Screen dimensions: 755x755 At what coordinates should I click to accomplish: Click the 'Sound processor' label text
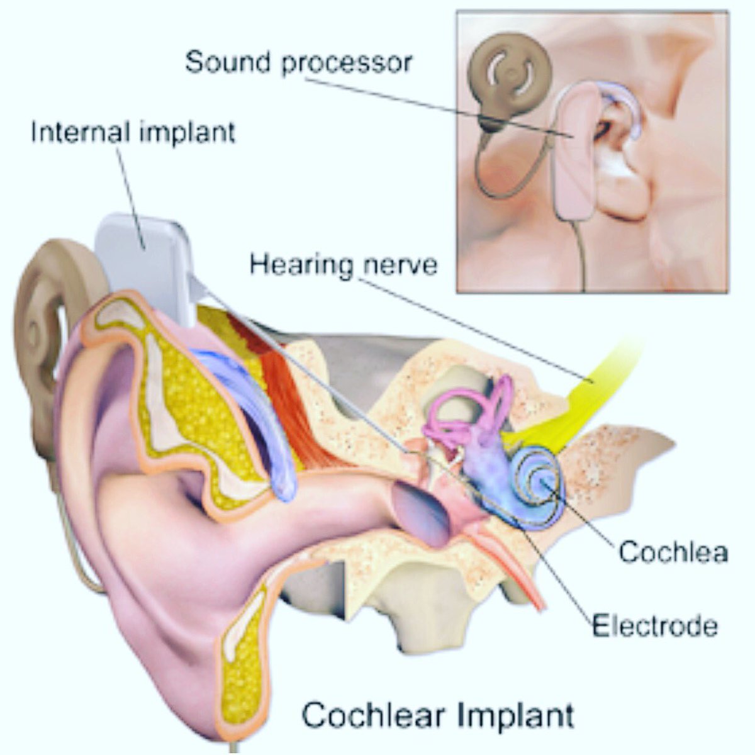tap(298, 62)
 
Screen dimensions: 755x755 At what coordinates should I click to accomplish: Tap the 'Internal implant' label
tap(133, 133)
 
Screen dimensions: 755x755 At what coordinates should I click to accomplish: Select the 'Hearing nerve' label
tap(344, 264)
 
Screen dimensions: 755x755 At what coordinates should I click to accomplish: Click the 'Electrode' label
tap(654, 626)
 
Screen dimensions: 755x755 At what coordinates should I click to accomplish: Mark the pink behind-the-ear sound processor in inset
tap(573, 157)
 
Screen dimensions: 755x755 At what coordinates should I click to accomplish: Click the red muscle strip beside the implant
tap(283, 390)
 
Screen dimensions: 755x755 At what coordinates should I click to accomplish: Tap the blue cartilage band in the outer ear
tap(245, 409)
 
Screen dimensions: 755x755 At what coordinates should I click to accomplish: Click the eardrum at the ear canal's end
tap(418, 510)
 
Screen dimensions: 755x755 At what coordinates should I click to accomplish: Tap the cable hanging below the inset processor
tap(582, 258)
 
